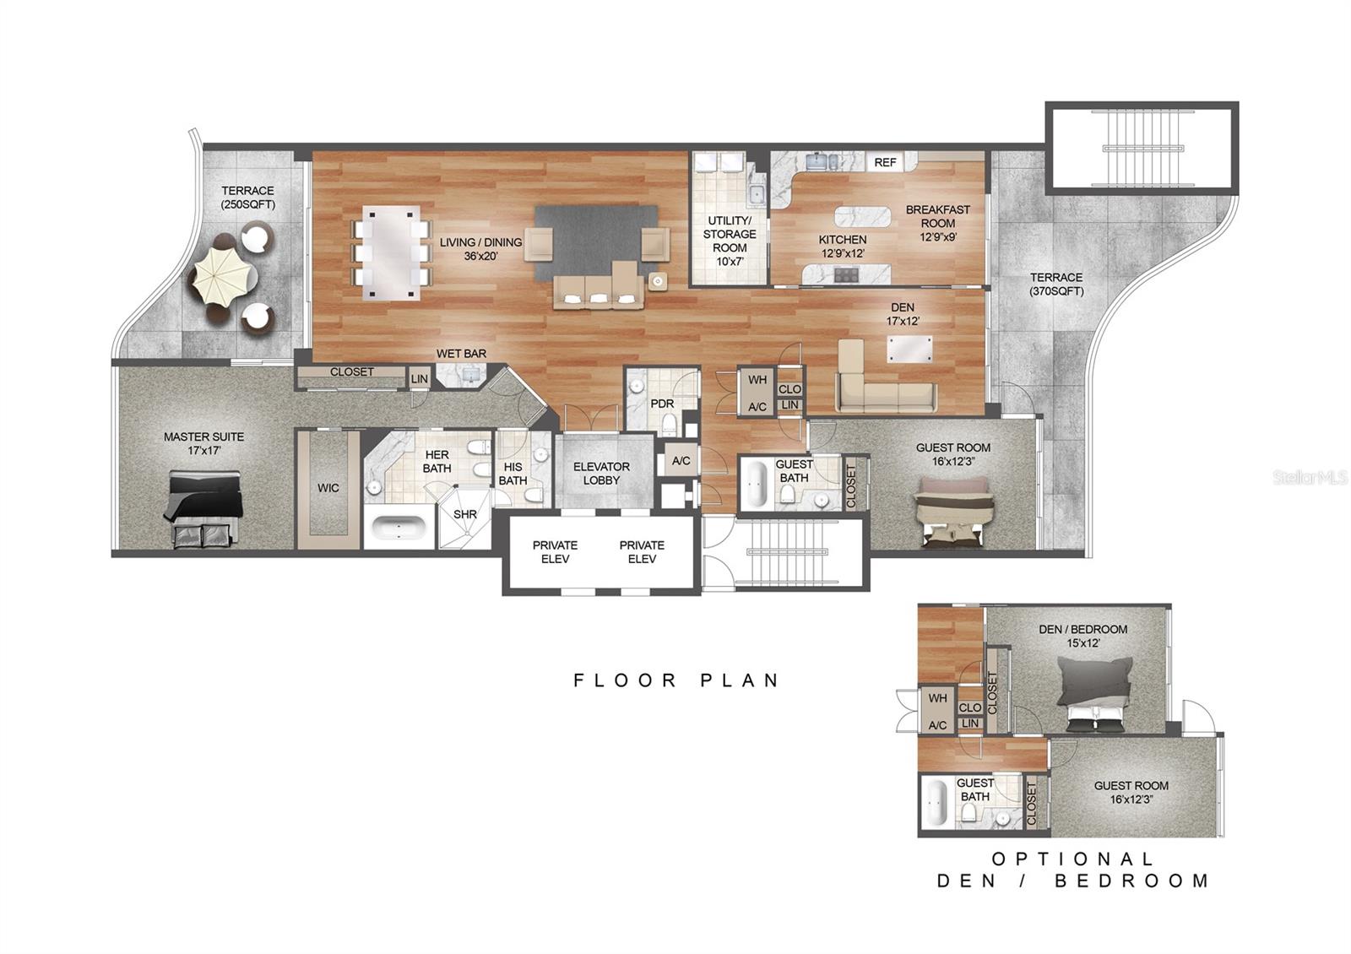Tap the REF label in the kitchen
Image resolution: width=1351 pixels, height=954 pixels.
pos(885,162)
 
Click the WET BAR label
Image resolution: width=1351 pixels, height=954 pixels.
pos(461,354)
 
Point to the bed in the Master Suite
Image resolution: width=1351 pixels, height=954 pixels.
pos(204,509)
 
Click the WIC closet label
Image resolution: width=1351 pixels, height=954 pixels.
pos(328,488)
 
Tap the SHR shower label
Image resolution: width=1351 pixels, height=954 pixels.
pos(464,514)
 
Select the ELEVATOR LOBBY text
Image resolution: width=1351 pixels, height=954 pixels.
pos(601,473)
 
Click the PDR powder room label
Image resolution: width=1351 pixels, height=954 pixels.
pos(661,404)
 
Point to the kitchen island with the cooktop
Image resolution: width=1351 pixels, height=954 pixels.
pos(846,274)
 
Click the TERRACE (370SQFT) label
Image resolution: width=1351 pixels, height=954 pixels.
pos(1055,284)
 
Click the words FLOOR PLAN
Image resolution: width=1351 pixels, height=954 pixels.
pos(676,680)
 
